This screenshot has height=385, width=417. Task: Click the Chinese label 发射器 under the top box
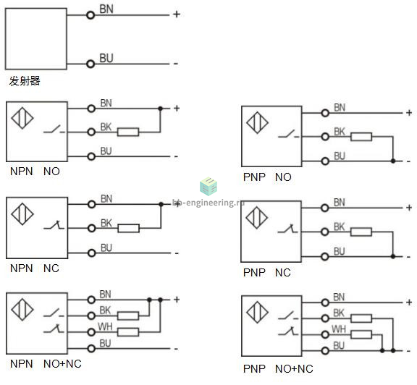(25, 81)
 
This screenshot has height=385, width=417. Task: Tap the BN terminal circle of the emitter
(90, 15)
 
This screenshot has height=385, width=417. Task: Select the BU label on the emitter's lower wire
(106, 58)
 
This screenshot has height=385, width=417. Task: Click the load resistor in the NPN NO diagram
(128, 132)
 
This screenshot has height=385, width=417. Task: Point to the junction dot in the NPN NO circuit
(160, 109)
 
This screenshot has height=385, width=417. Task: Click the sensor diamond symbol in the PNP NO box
(257, 123)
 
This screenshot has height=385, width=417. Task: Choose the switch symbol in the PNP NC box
(287, 229)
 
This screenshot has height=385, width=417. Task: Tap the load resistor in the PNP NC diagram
(361, 232)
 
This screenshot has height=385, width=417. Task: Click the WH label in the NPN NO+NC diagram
(105, 326)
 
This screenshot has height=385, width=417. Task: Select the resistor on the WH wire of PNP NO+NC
(361, 334)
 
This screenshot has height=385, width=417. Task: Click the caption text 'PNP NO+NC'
(278, 369)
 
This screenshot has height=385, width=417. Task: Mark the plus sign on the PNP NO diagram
(409, 113)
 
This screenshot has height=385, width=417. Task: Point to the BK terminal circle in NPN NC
(91, 228)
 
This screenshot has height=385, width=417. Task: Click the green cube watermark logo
(208, 186)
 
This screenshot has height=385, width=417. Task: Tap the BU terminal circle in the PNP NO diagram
(325, 161)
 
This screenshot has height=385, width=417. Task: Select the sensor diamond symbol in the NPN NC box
(22, 214)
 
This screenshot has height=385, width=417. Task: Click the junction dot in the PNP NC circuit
(393, 257)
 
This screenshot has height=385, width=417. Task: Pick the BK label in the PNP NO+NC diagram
(339, 313)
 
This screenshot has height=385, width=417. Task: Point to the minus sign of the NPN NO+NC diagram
(176, 349)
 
